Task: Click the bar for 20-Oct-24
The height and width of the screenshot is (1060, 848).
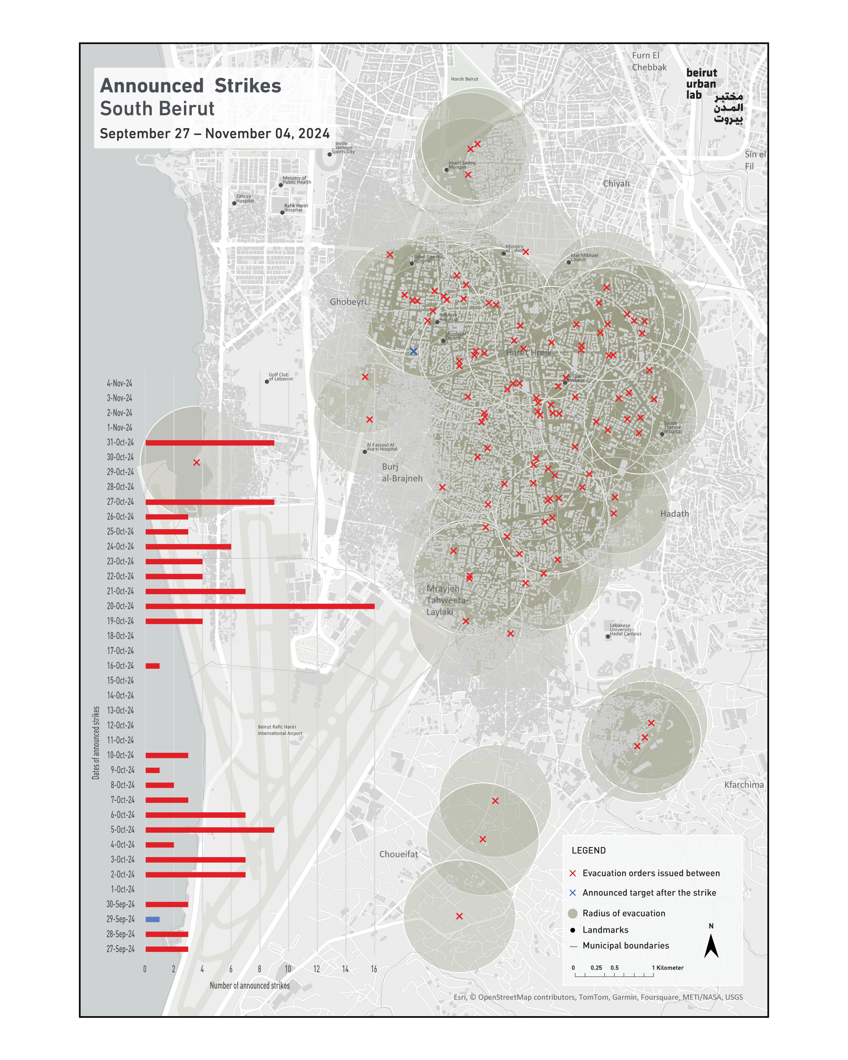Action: (260, 606)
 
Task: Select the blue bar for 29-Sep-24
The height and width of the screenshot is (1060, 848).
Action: (152, 919)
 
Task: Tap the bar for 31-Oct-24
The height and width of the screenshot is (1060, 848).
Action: (210, 443)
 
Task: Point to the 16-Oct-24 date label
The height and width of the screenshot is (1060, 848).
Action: (121, 666)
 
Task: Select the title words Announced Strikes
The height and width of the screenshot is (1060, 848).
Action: (191, 86)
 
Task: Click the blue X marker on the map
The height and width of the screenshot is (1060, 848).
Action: (413, 351)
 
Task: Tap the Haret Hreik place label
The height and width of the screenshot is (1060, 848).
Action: (528, 352)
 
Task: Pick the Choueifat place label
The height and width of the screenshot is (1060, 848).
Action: (399, 855)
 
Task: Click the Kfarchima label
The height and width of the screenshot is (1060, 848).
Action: (744, 785)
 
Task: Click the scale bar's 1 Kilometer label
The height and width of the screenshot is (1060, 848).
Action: (667, 968)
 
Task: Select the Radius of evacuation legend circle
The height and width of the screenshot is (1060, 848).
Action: (572, 913)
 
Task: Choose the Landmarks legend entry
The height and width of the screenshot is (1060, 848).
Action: (605, 930)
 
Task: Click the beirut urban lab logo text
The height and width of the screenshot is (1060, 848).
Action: (701, 84)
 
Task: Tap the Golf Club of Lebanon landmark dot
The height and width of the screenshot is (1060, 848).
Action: (267, 381)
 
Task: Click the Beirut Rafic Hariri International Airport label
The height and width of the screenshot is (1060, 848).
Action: (280, 730)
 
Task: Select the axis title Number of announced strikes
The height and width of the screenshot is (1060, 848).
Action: (250, 986)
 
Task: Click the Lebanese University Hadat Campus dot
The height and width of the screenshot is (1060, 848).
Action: (608, 636)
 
